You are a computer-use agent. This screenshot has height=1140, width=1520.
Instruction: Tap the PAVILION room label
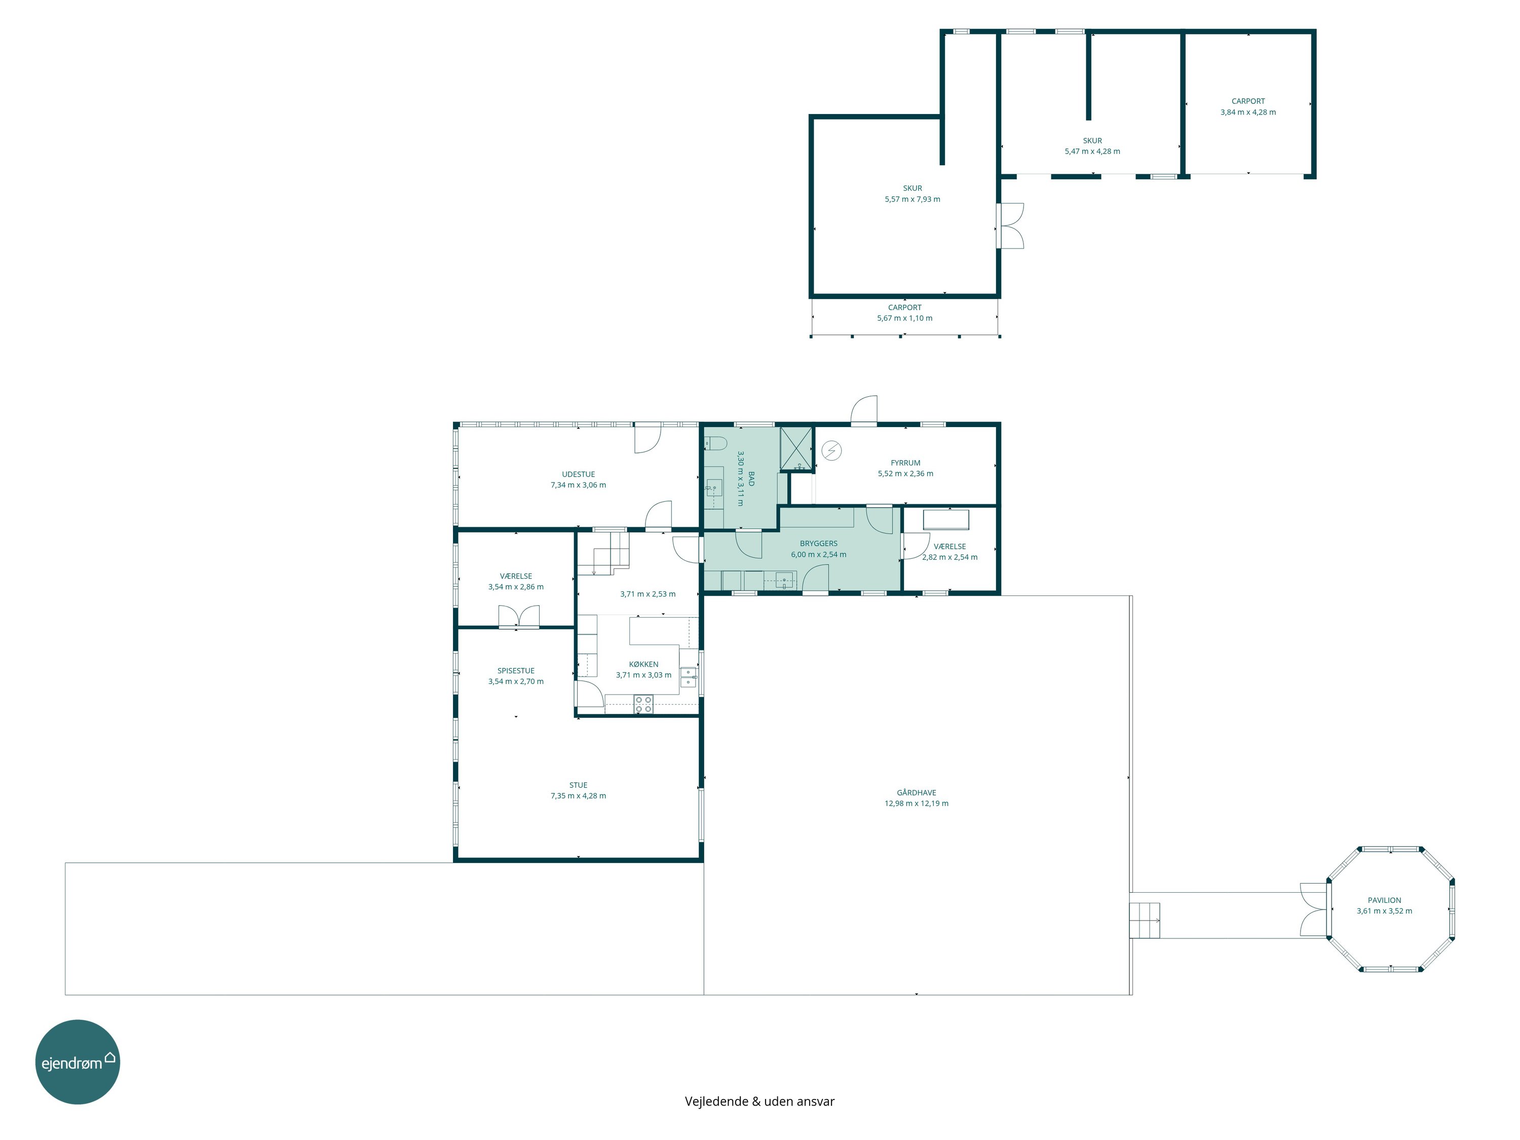coord(1384,900)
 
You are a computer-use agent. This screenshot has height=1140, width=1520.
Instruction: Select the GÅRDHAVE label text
coord(916,792)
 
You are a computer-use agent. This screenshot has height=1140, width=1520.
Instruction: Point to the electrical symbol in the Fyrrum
coord(831,451)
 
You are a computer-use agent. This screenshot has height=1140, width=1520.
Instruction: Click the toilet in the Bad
coord(715,442)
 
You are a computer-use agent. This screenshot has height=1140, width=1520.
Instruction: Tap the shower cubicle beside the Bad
coord(796,449)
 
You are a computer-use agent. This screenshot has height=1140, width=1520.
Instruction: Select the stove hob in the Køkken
coord(643,704)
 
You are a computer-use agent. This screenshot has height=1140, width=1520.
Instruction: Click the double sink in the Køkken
coord(688,677)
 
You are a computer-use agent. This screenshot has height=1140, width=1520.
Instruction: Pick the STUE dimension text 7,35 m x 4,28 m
coord(578,796)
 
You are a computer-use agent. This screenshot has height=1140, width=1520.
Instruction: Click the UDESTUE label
coord(578,474)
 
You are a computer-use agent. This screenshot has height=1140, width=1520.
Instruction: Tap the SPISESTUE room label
coord(515,671)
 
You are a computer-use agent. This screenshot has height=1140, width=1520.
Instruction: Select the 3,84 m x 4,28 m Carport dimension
coord(1248,112)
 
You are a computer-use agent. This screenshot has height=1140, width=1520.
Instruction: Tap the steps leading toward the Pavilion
coord(1145,920)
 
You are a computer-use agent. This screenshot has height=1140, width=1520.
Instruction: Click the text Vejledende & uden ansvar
coord(759,1101)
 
